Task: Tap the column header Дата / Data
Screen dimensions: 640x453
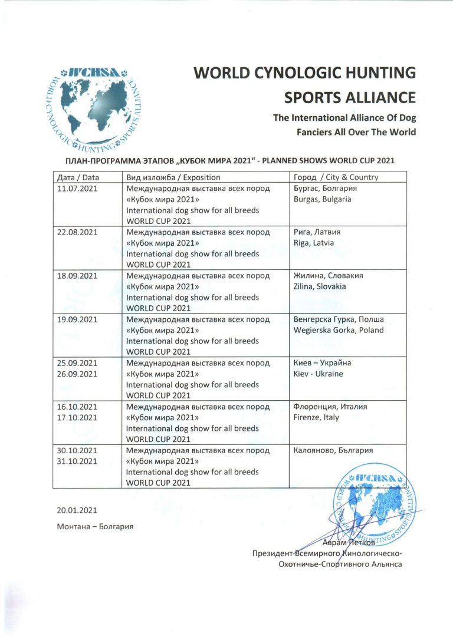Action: pos(78,177)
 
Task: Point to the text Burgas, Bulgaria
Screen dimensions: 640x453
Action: pos(322,199)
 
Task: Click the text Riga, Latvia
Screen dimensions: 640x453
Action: pos(313,243)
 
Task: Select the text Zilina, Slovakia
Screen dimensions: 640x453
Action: pos(320,286)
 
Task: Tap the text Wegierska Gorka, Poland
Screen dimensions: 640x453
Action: pos(338,330)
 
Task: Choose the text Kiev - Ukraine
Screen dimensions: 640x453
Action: pos(318,374)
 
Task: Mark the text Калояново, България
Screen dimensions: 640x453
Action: pos(333,450)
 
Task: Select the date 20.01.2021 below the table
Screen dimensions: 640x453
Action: pos(77,510)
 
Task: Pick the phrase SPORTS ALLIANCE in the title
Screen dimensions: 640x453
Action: pos(350,97)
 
